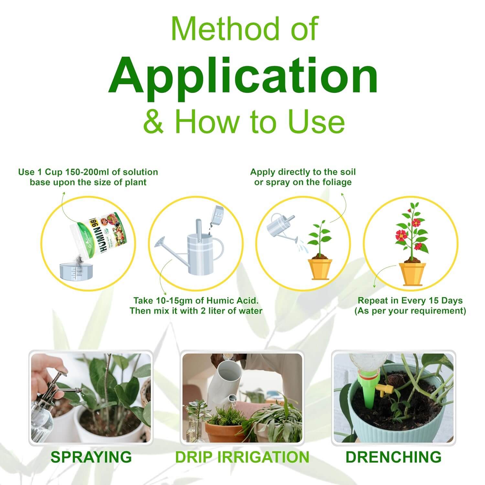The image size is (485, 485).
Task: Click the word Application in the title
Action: [x=243, y=76]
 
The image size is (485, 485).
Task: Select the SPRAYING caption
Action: [x=91, y=457]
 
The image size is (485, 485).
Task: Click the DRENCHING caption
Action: [x=393, y=457]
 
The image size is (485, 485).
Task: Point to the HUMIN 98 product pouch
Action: [x=102, y=241]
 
